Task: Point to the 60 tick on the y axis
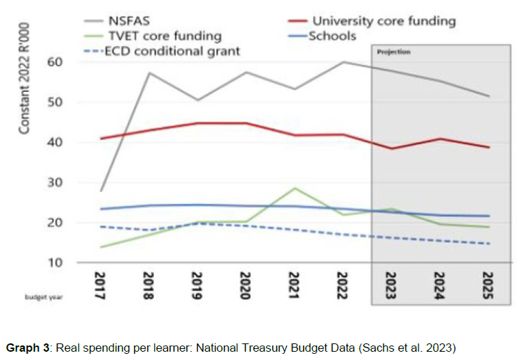coord(55,62)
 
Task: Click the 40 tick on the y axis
coord(55,142)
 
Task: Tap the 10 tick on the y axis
coord(55,263)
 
